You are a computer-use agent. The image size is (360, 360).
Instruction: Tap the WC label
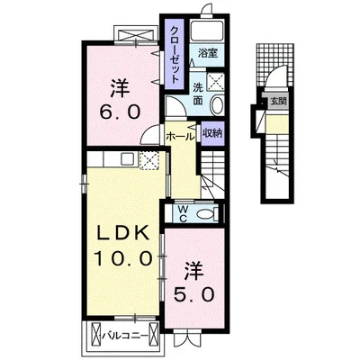point(183,212)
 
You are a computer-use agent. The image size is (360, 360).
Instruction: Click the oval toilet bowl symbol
point(206,213)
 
